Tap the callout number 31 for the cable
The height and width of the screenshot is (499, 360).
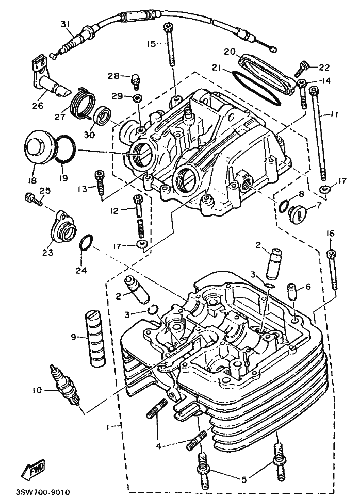tap(64, 24)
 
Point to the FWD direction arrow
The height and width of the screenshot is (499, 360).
tap(33, 470)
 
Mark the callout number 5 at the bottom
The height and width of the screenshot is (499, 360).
tap(243, 479)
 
